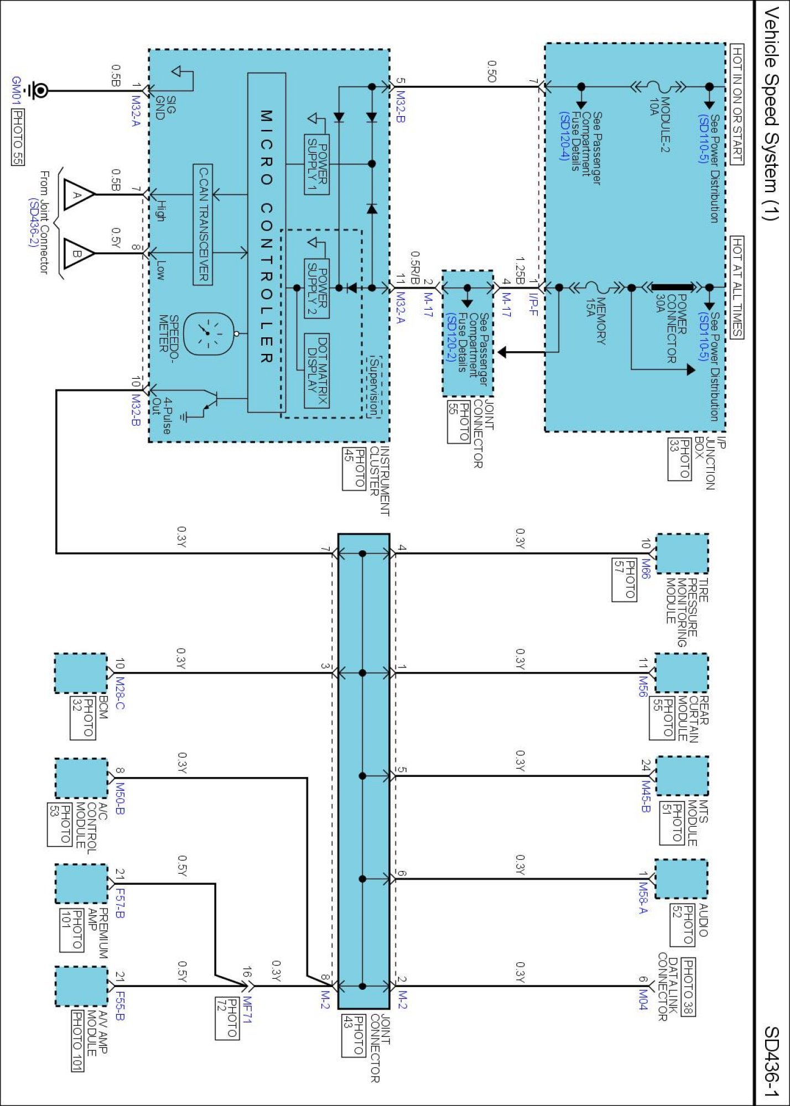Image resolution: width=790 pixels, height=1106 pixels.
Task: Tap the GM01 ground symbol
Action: tap(39, 90)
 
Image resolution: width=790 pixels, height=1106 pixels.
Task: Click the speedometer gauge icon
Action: tap(207, 334)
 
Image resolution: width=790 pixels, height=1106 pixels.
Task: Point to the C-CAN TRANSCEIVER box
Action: tap(203, 225)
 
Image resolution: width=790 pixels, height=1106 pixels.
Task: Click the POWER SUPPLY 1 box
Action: tap(317, 164)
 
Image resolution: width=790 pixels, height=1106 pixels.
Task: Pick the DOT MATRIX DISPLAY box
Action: tap(317, 371)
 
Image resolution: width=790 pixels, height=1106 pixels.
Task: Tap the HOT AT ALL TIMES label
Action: tap(737, 286)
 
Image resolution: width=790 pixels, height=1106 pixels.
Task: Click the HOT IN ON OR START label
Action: tap(737, 105)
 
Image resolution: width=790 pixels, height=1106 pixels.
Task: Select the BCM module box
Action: tap(81, 673)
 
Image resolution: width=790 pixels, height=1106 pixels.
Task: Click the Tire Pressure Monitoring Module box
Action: tap(682, 554)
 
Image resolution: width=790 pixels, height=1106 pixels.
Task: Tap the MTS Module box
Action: tap(682, 776)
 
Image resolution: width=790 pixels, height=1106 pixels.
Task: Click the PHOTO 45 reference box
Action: tap(354, 468)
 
